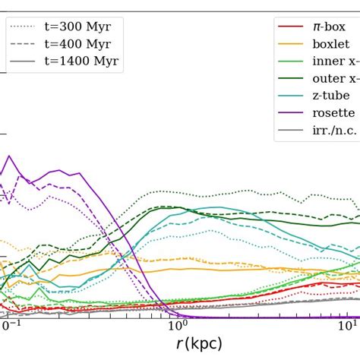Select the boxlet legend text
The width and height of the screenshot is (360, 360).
coord(331,44)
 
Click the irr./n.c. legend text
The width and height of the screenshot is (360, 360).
coord(335,131)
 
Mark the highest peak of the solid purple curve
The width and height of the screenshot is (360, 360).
coord(9,156)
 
